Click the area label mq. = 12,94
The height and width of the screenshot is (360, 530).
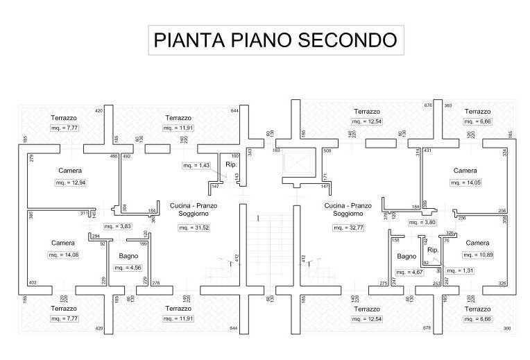(70, 182)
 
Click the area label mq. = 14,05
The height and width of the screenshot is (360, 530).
(465, 183)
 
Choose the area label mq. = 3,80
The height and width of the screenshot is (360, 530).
(422, 223)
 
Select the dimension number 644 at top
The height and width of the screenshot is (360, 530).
(234, 110)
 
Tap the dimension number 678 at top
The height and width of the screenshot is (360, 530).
(428, 105)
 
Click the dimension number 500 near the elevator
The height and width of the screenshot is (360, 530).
(327, 151)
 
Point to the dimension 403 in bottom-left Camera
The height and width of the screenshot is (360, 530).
(32, 282)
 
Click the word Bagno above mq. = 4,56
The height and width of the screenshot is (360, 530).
(129, 256)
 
